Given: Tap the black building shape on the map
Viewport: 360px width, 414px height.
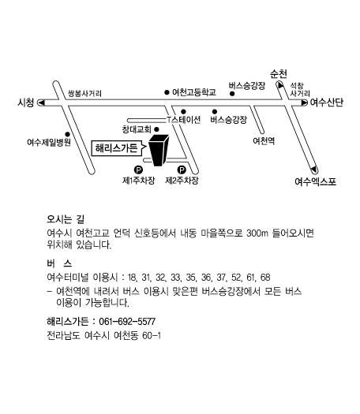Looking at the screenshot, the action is pos(159,151).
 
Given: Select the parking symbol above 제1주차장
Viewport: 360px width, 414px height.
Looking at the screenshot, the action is pos(138,170).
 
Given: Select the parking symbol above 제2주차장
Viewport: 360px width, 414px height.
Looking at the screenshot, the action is pos(182,170).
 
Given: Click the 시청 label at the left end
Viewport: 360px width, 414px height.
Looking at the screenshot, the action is pos(26,103).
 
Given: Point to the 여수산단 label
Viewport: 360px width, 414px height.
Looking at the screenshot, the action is pos(327,103).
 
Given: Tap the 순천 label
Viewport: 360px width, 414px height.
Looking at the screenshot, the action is pos(279,74).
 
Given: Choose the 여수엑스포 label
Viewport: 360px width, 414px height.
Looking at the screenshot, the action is pos(315,181).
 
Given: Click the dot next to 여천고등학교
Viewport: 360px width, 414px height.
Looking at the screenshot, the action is pos(167,92).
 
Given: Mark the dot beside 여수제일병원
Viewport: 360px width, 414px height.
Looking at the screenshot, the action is pos(68,134).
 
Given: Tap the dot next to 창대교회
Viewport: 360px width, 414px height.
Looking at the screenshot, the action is pos(156,129).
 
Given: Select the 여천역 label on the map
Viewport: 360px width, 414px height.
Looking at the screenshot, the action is pos(264,141).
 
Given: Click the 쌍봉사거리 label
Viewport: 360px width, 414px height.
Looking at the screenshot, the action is pos(84,93).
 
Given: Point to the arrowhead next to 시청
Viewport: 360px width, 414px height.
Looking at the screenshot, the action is pos(41,103).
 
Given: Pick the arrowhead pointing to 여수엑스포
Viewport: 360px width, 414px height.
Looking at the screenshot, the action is pos(313,170).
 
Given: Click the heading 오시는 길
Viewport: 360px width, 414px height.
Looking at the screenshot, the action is pos(66,219).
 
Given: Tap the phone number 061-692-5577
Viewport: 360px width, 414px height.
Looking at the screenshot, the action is pos(127,322).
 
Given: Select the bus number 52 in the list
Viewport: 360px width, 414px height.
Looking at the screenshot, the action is pos(236,278).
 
